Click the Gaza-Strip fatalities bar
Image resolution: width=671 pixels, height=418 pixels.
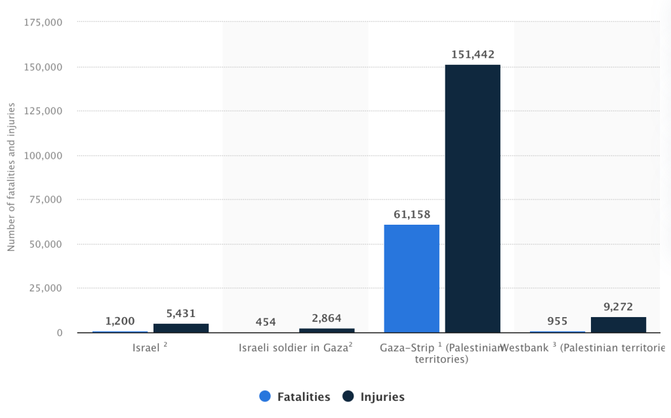(411, 278)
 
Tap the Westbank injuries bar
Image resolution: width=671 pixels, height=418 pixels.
(618, 325)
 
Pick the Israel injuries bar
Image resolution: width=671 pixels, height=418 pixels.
(181, 328)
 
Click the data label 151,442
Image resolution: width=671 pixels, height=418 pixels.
(472, 54)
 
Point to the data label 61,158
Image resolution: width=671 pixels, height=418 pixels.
(411, 214)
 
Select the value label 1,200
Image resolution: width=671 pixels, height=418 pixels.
(120, 322)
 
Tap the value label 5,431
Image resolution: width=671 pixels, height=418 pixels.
(181, 313)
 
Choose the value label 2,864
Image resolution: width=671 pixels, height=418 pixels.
(327, 318)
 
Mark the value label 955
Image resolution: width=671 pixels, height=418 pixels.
(557, 322)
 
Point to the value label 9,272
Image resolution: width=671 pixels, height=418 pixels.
(618, 306)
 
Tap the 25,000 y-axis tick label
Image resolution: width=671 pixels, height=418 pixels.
(45, 288)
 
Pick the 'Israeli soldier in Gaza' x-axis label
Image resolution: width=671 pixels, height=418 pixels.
(296, 348)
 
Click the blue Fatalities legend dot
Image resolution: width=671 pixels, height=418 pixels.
(266, 396)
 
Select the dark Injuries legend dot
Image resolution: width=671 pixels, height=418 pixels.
(348, 396)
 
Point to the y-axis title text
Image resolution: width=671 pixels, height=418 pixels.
(10, 177)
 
